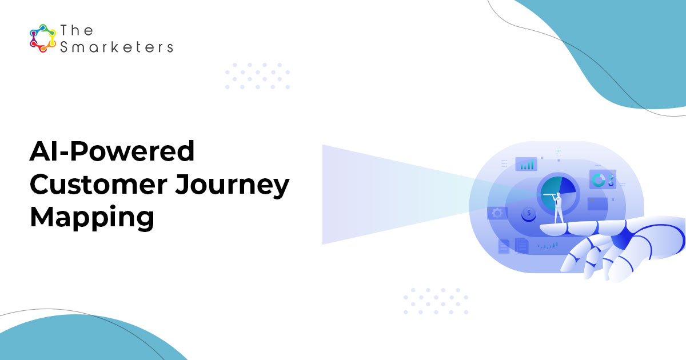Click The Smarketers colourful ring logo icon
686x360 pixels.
pyautogui.click(x=43, y=38)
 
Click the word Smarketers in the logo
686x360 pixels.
pyautogui.click(x=117, y=47)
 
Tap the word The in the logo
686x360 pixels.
pyautogui.click(x=77, y=30)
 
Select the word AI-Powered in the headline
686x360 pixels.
pyautogui.click(x=112, y=151)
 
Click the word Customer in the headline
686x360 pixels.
pyautogui.click(x=98, y=184)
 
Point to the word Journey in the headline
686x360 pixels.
pyautogui.click(x=232, y=186)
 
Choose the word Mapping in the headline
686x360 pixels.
pyautogui.click(x=92, y=218)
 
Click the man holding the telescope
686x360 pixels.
pyautogui.click(x=558, y=208)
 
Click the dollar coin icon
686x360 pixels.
pyautogui.click(x=529, y=214)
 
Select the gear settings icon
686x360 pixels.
pyautogui.click(x=497, y=213)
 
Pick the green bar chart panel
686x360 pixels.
pyautogui.click(x=526, y=164)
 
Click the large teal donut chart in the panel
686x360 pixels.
pyautogui.click(x=598, y=180)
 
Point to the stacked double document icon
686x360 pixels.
pyautogui.click(x=522, y=246)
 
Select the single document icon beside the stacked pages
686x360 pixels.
pyautogui.click(x=504, y=246)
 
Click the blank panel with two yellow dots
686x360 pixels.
pyautogui.click(x=597, y=204)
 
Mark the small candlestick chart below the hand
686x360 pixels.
pyautogui.click(x=548, y=246)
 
